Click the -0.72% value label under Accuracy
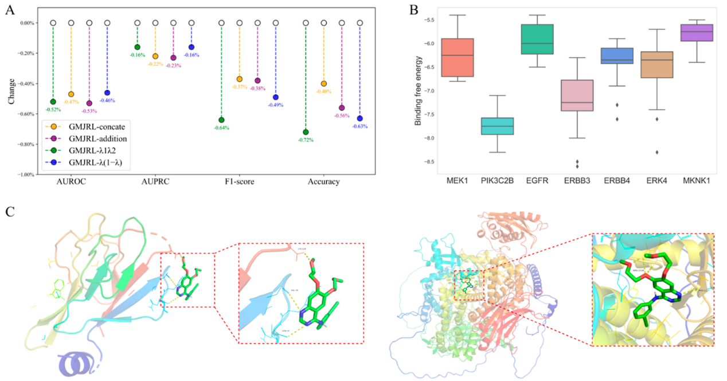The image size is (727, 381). click(305, 140)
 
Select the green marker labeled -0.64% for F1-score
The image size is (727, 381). click(221, 120)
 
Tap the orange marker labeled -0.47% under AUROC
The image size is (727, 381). click(71, 94)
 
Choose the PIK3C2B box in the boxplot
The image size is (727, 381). click(497, 126)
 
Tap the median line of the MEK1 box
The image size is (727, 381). click(456, 56)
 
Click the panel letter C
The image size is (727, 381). click(10, 211)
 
